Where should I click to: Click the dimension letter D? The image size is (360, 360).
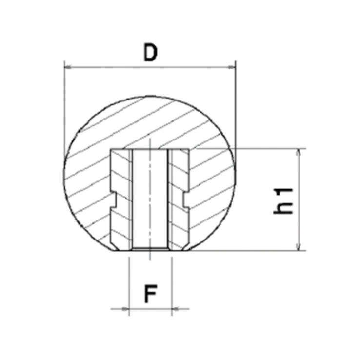click(150, 52)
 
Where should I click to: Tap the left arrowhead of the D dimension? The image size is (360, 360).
click(68, 67)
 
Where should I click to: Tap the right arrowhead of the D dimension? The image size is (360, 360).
click(231, 67)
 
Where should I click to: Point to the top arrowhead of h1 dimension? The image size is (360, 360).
click(299, 152)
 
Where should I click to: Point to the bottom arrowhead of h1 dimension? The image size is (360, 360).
click(299, 247)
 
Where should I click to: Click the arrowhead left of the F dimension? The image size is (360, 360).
click(125, 308)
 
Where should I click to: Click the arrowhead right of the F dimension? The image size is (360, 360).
click(176, 308)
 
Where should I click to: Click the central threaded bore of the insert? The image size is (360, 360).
click(150, 200)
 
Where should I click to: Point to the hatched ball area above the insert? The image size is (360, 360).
click(150, 122)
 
